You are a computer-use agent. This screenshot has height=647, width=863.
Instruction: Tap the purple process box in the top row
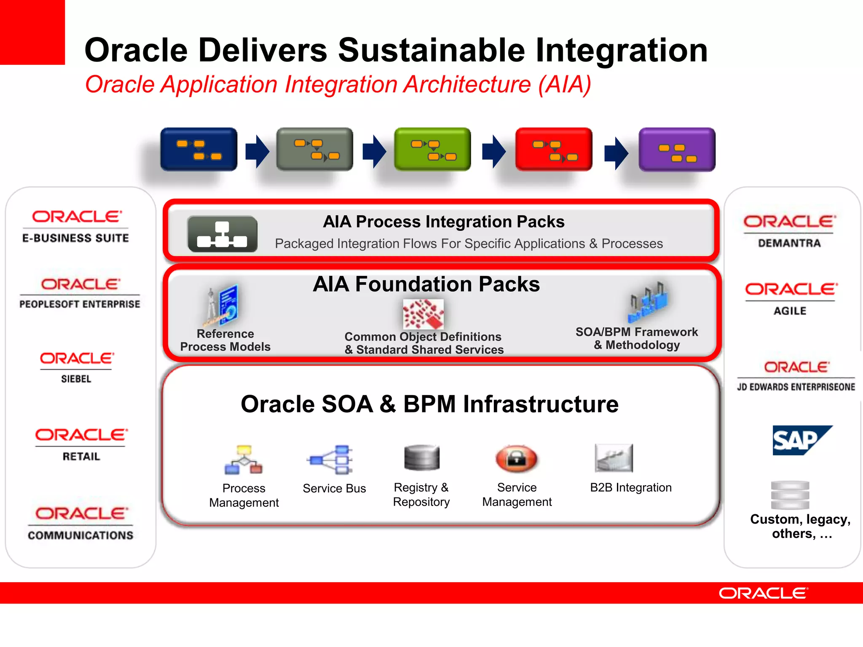[x=677, y=150]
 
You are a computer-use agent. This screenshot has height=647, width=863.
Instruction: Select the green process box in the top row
[x=432, y=150]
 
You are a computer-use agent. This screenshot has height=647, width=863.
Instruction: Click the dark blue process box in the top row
[x=198, y=150]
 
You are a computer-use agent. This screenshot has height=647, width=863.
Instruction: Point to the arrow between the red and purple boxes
[x=616, y=153]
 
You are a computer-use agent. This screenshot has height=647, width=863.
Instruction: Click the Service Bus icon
[x=331, y=460]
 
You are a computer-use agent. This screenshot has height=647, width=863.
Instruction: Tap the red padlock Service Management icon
[x=517, y=459]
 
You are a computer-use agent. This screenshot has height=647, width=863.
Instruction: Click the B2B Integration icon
[x=614, y=458]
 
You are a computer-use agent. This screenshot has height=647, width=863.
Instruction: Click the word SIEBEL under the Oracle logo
[x=76, y=379]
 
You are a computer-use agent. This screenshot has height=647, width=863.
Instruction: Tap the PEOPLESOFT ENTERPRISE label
[x=80, y=304]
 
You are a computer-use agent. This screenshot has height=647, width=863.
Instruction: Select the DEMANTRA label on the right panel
[x=789, y=243]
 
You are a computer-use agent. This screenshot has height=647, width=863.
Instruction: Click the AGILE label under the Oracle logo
[x=790, y=311]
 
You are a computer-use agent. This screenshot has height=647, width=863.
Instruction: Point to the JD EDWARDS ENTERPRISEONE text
[x=796, y=387]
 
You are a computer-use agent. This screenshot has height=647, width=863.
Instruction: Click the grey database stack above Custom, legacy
[x=790, y=495]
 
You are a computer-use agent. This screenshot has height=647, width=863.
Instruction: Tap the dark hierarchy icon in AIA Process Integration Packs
[x=222, y=234]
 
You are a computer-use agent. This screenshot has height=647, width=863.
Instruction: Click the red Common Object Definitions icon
[x=423, y=314]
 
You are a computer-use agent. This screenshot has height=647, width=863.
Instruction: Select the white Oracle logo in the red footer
[x=763, y=593]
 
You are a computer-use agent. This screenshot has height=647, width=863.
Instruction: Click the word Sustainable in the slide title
[x=431, y=50]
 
